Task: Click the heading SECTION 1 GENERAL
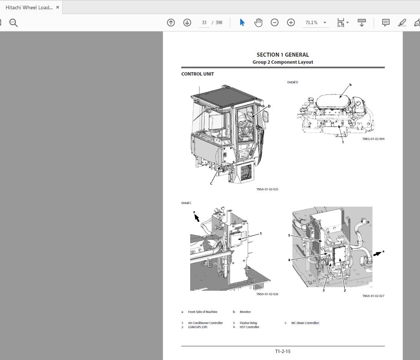(x=282, y=55)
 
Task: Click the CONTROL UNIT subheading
(x=198, y=74)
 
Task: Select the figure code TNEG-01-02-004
(x=373, y=139)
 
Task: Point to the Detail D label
(x=292, y=82)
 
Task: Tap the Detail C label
(x=186, y=203)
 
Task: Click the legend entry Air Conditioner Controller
(x=205, y=323)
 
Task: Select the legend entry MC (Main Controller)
(x=305, y=323)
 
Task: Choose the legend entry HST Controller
(x=249, y=327)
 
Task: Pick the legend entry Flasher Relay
(x=248, y=323)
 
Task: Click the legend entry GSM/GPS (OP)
(x=198, y=327)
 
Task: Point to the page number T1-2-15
(x=283, y=351)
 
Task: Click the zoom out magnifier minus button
(x=275, y=23)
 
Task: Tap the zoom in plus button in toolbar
(x=291, y=23)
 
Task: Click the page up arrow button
(x=171, y=23)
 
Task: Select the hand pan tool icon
(x=258, y=23)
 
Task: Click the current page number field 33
(x=204, y=23)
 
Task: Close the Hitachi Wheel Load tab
(x=57, y=7)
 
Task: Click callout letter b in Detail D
(x=350, y=85)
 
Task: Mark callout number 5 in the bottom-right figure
(x=289, y=235)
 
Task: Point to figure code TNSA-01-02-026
(x=267, y=294)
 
